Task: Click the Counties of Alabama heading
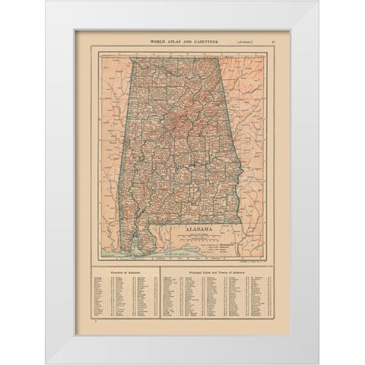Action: pos(124,269)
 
